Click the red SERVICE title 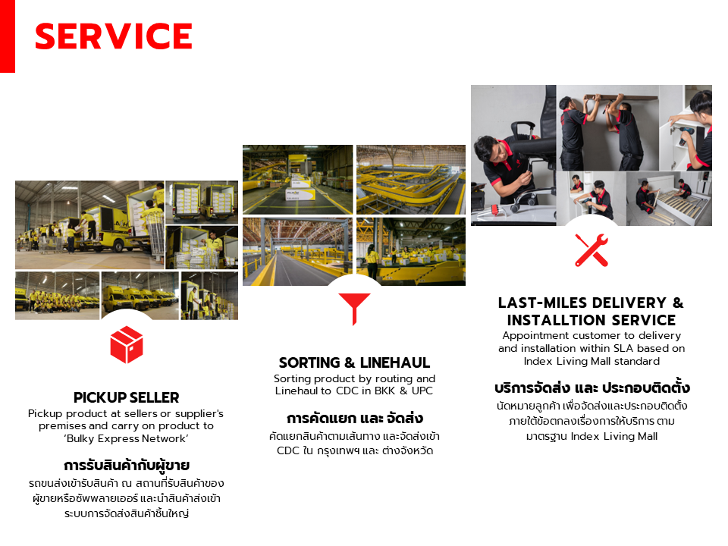(113, 36)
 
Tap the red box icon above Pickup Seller (127, 344)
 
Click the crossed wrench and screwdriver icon (591, 250)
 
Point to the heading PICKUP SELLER (127, 397)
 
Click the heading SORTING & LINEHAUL (354, 362)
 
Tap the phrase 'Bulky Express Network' (127, 439)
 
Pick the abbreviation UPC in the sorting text (422, 391)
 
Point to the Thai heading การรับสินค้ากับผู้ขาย (127, 465)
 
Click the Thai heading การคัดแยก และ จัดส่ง (355, 419)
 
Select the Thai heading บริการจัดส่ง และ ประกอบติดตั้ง (592, 388)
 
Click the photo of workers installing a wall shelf (607, 127)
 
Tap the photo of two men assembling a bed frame (669, 198)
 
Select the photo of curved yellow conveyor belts (411, 180)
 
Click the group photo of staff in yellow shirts (57, 296)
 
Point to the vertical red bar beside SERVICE (8, 36)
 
